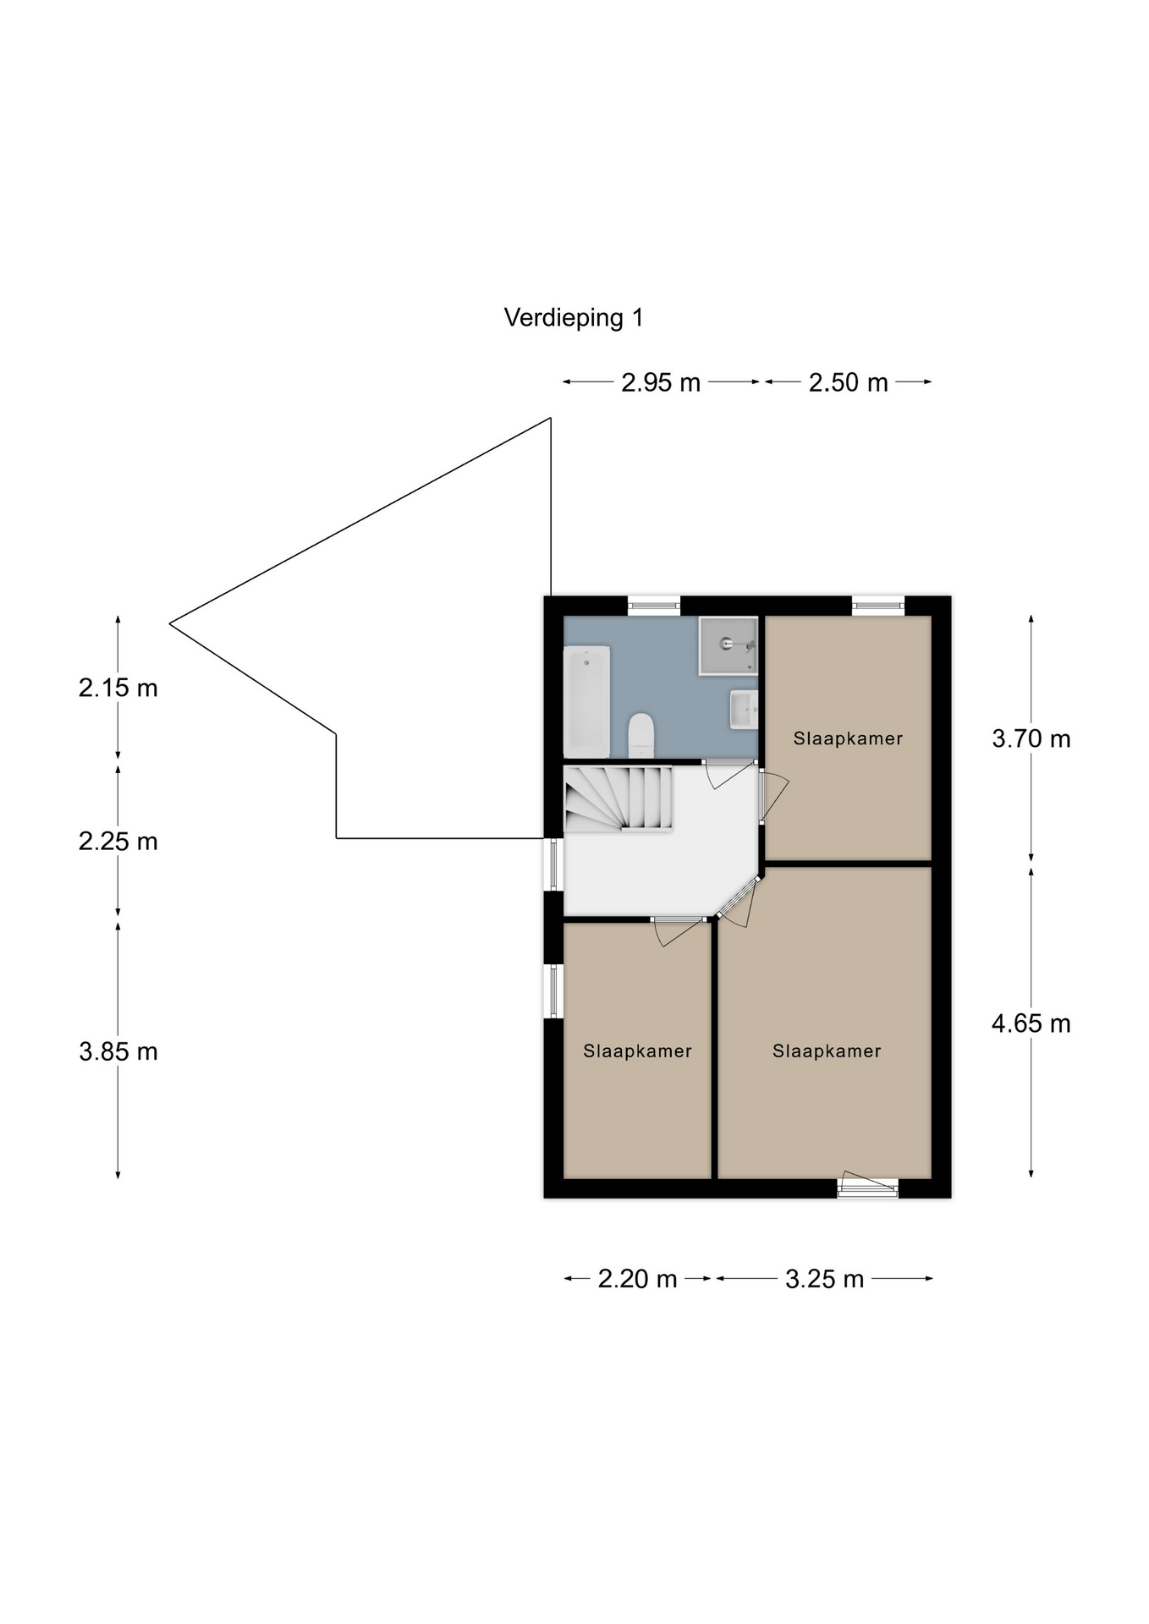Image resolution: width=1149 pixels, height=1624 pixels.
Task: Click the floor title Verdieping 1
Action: [574, 318]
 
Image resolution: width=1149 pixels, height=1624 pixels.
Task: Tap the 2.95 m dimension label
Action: [661, 383]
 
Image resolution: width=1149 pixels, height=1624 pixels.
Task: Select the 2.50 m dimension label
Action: [848, 383]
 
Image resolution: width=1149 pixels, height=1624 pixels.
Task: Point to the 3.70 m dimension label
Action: [1031, 739]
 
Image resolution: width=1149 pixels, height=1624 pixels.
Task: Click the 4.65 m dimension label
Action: [1031, 1024]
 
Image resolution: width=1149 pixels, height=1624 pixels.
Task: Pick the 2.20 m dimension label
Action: [637, 1279]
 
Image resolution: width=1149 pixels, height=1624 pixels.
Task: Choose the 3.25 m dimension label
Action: [824, 1279]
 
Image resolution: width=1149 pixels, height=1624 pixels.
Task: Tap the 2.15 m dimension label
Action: [118, 689]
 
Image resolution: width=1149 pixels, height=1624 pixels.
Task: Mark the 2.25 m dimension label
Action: [118, 842]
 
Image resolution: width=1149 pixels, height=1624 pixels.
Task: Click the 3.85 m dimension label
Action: [118, 1052]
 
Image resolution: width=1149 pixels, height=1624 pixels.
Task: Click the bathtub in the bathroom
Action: [587, 702]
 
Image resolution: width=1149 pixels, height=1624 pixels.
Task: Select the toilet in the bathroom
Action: [641, 735]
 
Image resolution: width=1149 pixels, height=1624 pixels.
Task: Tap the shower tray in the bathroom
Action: [728, 645]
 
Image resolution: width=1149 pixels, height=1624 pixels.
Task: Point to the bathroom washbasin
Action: [744, 709]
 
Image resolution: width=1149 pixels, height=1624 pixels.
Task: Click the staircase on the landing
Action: [618, 798]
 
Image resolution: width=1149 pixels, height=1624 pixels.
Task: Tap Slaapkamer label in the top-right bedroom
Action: [848, 739]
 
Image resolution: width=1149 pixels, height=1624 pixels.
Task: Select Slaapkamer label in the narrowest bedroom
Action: [637, 1051]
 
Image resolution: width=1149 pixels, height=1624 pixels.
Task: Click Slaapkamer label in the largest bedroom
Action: [827, 1051]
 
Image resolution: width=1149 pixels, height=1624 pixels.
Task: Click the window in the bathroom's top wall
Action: [654, 606]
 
